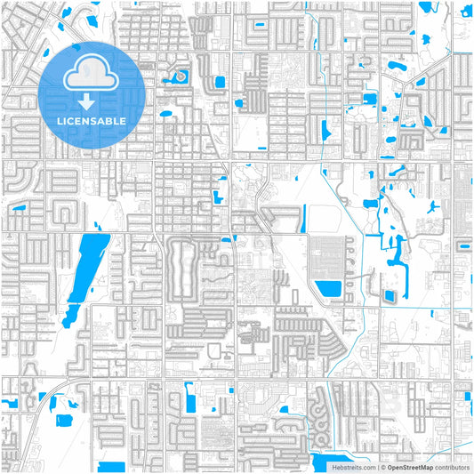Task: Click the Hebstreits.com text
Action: click(354, 467)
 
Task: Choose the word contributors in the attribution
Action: click(452, 467)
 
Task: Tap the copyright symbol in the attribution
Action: click(382, 467)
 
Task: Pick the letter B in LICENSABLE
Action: click(108, 121)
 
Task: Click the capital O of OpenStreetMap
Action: click(389, 467)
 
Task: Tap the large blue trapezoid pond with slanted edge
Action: click(328, 288)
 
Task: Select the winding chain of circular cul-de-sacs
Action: click(318, 432)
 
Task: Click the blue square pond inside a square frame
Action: click(388, 296)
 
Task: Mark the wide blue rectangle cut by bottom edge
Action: click(111, 467)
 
